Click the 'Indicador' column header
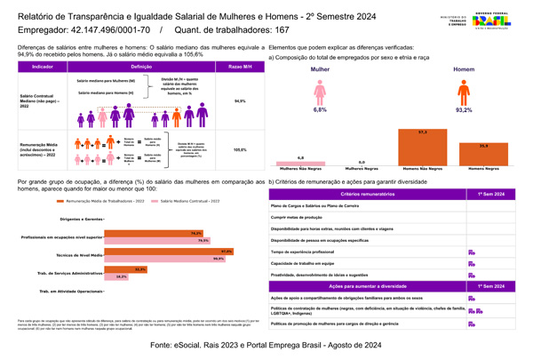pyautogui.click(x=42, y=68)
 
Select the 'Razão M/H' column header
pyautogui.click(x=239, y=68)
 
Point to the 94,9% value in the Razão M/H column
pyautogui.click(x=239, y=101)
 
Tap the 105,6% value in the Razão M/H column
pyautogui.click(x=239, y=149)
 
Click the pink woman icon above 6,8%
pyautogui.click(x=320, y=91)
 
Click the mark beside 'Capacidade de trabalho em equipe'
pyautogui.click(x=471, y=264)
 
